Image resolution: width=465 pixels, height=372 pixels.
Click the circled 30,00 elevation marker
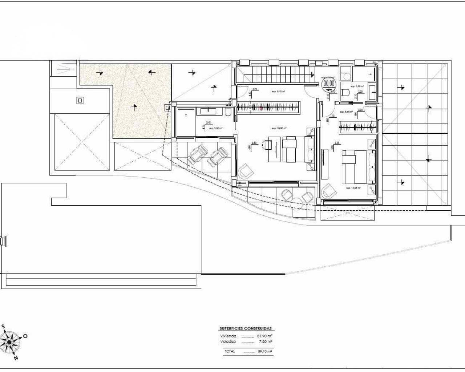tap(329, 83)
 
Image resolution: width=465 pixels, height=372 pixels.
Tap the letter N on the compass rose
tap(16, 358)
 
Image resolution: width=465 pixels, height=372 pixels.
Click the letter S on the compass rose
tap(3, 327)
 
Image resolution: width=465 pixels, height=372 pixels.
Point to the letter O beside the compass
tap(25, 336)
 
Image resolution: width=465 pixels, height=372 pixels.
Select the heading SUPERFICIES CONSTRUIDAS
tap(245, 328)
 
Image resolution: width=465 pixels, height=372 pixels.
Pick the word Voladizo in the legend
tap(228, 341)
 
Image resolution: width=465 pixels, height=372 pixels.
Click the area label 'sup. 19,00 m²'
tap(279, 128)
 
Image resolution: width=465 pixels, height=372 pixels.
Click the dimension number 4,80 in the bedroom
tap(254, 143)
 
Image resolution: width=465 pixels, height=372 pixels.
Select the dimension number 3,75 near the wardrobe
tap(255, 89)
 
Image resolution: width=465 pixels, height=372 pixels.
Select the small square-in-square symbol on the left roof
tap(80, 100)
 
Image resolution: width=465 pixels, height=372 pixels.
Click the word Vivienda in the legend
tap(228, 336)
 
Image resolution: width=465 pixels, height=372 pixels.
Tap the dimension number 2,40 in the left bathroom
tap(209, 122)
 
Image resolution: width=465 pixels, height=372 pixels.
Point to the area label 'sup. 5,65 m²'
tap(347, 112)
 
